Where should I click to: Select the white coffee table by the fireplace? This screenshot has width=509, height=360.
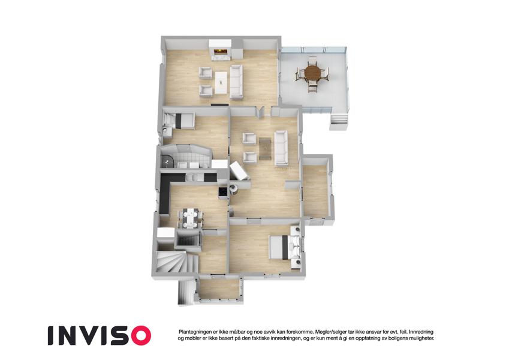[x=221, y=83]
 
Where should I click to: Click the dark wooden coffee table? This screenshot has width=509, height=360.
[x=265, y=149]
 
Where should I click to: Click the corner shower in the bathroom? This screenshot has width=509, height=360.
[x=167, y=161]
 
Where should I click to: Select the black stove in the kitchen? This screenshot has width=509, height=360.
[x=223, y=193]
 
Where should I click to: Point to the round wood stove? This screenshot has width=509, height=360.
[x=234, y=188]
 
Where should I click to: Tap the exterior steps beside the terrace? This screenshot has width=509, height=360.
[x=338, y=122]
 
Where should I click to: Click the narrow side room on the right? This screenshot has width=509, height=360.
[x=316, y=190]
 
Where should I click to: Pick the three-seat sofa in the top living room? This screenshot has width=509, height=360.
[x=236, y=82]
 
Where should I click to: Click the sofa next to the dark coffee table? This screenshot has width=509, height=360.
[x=281, y=148]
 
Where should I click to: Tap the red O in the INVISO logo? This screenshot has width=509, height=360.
[x=140, y=335]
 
